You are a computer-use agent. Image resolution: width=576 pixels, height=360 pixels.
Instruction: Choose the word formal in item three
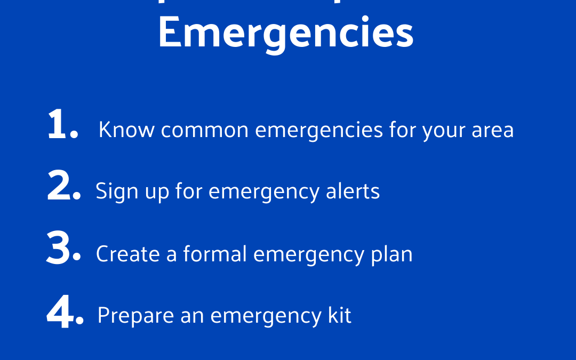(x=215, y=254)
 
